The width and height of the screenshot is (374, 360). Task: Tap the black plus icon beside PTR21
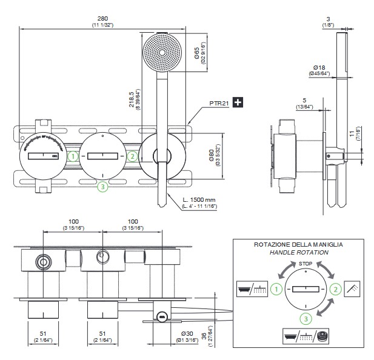[x=238, y=102]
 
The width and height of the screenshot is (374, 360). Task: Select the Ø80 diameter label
[x=212, y=156]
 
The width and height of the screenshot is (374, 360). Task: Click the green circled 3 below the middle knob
[x=103, y=187]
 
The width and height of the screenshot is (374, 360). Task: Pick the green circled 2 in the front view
[x=132, y=156]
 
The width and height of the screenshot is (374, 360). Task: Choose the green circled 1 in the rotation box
[x=276, y=290]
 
